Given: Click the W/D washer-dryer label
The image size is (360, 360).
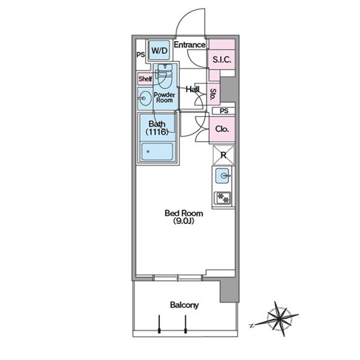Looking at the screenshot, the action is pos(159,50).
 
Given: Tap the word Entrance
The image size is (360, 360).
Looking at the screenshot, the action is pos(189,45).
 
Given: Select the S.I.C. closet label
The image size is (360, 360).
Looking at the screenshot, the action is pos(222,60).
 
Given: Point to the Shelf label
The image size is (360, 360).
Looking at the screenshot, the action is pos(145,78).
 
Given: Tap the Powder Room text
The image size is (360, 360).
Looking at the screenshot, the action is pos(164,97).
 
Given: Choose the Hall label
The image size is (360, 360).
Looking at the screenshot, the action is pos(192,89).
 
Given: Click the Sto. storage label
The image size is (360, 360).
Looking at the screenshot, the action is pos(213,94).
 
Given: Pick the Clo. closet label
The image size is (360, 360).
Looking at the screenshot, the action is pos(222,129).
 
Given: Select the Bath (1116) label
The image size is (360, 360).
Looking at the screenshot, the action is pos(157,127).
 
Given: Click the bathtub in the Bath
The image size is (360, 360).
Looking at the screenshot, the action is pos(157,152).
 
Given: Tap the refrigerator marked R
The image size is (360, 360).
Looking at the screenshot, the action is pos(223,155).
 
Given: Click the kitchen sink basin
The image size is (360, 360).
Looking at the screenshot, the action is pos(222,176).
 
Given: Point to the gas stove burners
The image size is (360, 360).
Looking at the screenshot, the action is pos(222,198).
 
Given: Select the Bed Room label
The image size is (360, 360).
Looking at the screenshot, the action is pos(184,213).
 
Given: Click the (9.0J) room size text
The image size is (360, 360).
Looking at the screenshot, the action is pos(184,221).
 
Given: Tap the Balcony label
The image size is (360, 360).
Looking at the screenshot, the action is pos(184,305).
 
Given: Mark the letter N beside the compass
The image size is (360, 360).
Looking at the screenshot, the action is pos(251,326).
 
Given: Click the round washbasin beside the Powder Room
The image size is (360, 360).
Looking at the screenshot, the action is pos(145,98).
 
